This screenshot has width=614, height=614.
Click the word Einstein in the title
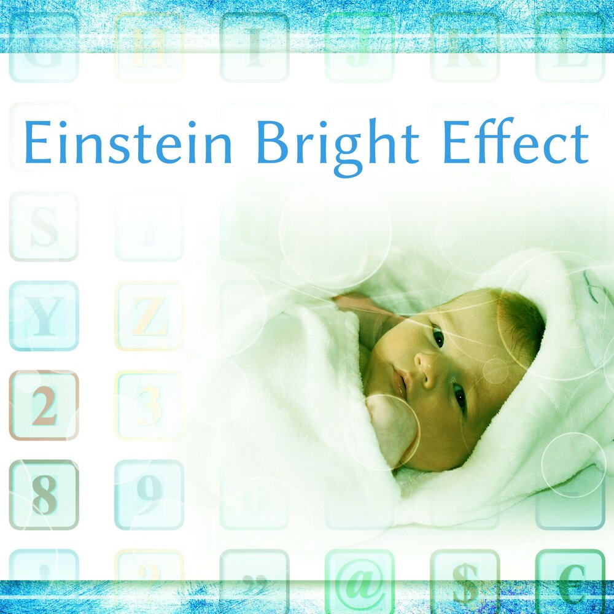128,144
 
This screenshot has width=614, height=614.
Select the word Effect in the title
515,144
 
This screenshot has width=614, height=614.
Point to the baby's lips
400,383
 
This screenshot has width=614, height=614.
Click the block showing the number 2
44,405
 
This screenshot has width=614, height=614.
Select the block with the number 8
44,494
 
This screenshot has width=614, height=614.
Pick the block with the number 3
149,405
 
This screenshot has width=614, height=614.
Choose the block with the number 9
149,494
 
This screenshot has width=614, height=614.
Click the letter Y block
44,316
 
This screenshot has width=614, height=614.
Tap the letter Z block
149,316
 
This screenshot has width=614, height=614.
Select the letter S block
44,227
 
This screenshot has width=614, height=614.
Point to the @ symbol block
359,583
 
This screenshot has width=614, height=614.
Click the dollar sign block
465,583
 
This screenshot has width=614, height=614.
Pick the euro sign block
570,583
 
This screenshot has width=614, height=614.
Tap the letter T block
149,227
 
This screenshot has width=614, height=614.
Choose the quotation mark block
254,583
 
